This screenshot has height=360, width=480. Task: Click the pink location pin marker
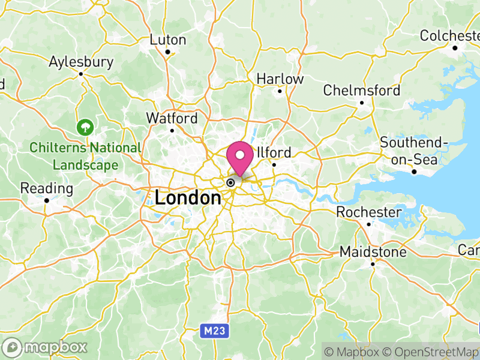[241, 157]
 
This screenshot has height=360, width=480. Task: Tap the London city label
[188, 198]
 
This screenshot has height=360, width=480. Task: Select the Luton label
[168, 40]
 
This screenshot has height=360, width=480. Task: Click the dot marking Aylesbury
[81, 74]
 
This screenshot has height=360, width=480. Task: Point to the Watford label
[172, 118]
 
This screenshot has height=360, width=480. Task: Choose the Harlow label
[280, 79]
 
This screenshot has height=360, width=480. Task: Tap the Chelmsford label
[361, 91]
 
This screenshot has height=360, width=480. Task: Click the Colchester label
[449, 35]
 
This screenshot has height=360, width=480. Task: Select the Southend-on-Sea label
[414, 151]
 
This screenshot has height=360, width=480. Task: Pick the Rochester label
[368, 212]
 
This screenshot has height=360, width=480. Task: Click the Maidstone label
[373, 252]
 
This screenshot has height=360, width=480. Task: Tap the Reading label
[46, 188]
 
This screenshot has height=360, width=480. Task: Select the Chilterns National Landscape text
[85, 155]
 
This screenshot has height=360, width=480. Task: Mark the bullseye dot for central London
[230, 182]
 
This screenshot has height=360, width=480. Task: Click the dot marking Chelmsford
[362, 103]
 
